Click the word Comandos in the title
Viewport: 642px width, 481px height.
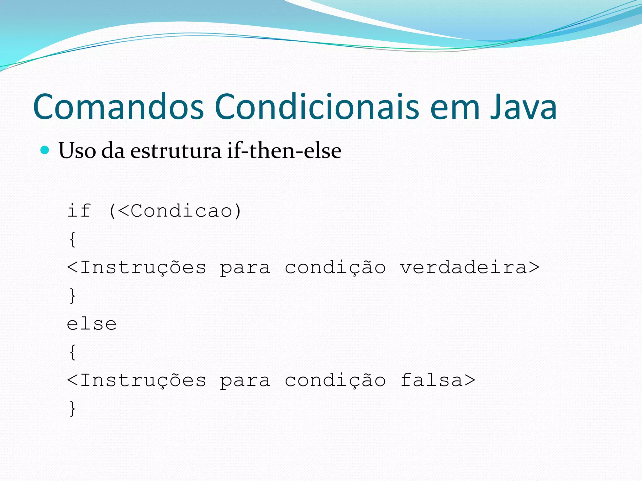pos(118,107)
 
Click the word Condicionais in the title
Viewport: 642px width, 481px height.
pos(317,107)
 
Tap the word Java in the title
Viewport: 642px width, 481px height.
pos(524,107)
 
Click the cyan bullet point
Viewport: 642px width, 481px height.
pos(45,150)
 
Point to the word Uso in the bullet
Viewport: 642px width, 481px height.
pos(77,151)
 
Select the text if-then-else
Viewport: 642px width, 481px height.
pos(284,150)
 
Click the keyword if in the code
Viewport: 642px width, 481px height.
pos(79,210)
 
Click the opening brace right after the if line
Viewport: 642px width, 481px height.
pos(72,239)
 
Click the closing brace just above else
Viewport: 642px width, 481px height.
pos(72,296)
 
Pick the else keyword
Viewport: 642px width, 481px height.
pos(92,324)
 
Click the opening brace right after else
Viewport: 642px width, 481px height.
pos(72,352)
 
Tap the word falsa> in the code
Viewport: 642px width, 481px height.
pos(438,380)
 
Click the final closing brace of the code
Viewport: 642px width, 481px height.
pos(72,408)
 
